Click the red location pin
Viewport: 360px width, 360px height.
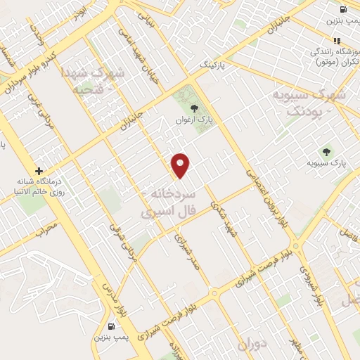181,165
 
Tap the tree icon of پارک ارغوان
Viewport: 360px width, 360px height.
195,108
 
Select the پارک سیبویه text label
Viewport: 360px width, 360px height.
327,164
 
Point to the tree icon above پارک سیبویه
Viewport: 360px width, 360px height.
326,150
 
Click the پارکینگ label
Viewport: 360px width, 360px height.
215,65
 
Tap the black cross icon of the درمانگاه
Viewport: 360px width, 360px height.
39,170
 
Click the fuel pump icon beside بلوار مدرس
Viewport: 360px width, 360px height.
112,326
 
